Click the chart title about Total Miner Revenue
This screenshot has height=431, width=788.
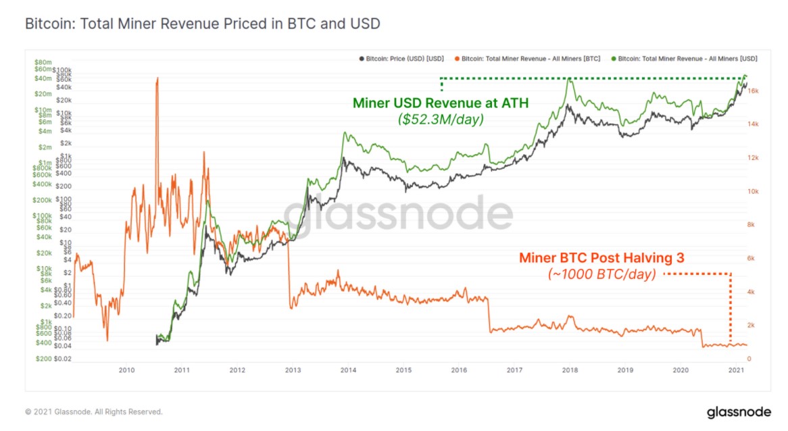[x=203, y=24]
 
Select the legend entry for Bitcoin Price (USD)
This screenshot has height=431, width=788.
[x=401, y=59]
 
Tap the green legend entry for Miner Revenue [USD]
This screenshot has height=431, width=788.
[x=683, y=59]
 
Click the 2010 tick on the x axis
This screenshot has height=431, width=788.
[x=126, y=370]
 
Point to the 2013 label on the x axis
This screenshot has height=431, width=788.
[x=293, y=370]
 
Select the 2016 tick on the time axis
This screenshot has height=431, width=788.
[x=459, y=370]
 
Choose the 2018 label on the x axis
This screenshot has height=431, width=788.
[x=570, y=370]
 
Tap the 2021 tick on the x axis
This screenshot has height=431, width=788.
[x=736, y=370]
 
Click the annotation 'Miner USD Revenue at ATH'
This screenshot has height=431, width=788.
[x=441, y=103]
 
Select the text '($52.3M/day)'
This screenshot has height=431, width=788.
[x=441, y=119]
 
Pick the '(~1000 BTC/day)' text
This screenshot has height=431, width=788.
[x=601, y=274]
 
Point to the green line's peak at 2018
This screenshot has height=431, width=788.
[x=570, y=79]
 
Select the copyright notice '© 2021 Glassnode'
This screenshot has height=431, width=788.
[x=94, y=411]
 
